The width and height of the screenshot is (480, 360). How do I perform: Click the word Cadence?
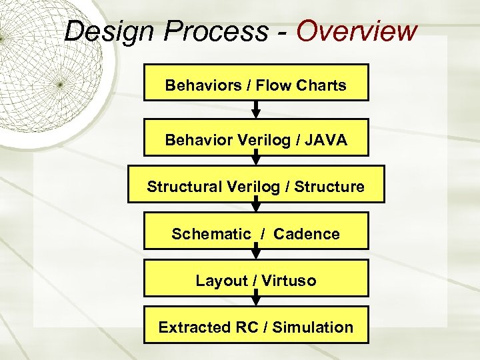point(307,234)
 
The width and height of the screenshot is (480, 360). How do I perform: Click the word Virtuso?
point(289,281)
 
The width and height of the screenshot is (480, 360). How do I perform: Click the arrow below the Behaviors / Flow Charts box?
point(256,110)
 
